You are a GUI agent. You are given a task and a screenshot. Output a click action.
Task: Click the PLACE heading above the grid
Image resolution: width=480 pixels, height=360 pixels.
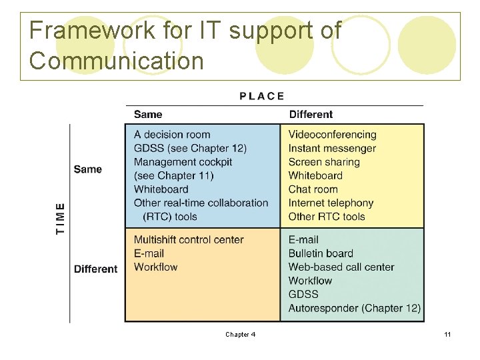click(262, 96)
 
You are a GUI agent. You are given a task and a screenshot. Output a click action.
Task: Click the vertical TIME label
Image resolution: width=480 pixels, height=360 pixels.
click(61, 218)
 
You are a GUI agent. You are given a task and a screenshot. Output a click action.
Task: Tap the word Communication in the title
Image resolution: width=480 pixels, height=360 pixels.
click(117, 61)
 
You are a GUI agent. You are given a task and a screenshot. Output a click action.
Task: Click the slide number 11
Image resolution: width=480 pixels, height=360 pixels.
click(447, 334)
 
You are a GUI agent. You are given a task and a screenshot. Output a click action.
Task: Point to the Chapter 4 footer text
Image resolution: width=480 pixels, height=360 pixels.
click(240, 334)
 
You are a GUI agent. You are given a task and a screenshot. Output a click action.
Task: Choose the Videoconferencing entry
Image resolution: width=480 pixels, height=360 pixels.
click(332, 135)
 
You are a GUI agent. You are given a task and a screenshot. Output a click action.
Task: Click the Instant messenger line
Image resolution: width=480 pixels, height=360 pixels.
click(332, 148)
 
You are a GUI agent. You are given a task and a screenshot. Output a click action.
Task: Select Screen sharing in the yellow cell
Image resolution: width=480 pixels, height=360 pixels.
click(323, 162)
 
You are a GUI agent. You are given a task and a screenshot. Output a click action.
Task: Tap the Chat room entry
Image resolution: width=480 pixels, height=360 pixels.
click(313, 189)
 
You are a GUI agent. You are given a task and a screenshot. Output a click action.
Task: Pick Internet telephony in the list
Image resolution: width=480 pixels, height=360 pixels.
click(331, 203)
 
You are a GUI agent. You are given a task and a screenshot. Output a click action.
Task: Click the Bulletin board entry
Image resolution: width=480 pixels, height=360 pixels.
click(321, 253)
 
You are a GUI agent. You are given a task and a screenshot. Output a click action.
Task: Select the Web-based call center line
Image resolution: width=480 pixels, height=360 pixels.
click(341, 267)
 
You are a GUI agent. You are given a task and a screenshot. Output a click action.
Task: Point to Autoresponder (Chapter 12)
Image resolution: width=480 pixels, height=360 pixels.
click(354, 308)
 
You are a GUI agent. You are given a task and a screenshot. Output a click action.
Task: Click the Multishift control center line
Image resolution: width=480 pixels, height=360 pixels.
click(189, 239)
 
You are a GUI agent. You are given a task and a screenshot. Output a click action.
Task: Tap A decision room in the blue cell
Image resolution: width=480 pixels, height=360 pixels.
click(172, 135)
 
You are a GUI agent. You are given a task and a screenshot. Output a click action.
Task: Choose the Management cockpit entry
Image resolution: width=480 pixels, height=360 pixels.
click(183, 162)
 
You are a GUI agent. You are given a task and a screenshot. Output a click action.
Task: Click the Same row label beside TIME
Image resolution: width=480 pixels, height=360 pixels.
click(88, 169)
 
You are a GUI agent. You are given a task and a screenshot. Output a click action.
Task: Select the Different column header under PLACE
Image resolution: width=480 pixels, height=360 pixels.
click(311, 114)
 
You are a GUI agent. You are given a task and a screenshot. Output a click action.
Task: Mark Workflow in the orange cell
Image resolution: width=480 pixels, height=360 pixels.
click(156, 267)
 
